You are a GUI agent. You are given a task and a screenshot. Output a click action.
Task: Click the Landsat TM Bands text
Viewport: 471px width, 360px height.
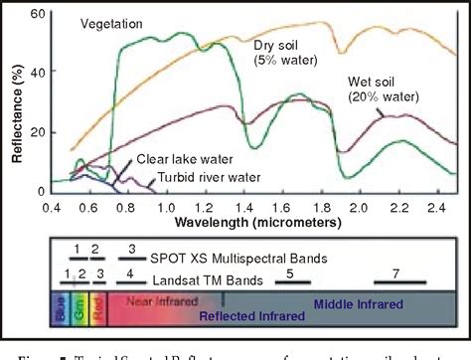218,274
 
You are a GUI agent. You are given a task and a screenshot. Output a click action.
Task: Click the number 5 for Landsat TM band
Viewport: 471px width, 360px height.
290,271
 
